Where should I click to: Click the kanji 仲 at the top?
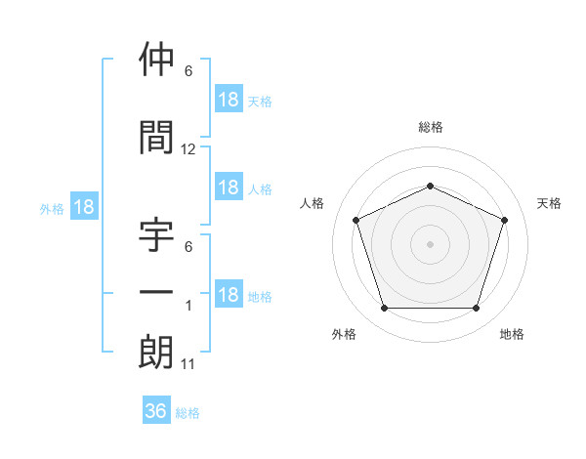pos(156,59)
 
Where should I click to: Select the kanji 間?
pos(156,137)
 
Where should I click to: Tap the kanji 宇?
pos(156,234)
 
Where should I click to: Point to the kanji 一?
pos(156,292)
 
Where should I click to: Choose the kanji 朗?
pos(156,352)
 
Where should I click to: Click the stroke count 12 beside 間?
pos(188,149)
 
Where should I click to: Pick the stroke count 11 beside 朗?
pos(188,364)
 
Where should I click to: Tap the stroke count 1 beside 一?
pos(188,306)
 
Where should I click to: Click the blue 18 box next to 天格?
pos(229,99)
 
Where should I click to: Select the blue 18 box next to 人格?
pos(229,187)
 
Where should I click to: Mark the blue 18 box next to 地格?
pos(229,293)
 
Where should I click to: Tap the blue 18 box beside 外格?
pos(84,206)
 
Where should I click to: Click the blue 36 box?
pos(156,409)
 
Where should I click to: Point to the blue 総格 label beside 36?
pos(188,413)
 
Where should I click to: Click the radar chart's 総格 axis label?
pos(431,127)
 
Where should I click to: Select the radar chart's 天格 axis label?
pos(549,203)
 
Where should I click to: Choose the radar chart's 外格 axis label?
pos(344,334)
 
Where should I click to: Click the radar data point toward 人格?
pos(356,220)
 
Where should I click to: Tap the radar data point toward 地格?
pos(477,309)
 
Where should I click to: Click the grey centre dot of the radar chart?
pos(430,244)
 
